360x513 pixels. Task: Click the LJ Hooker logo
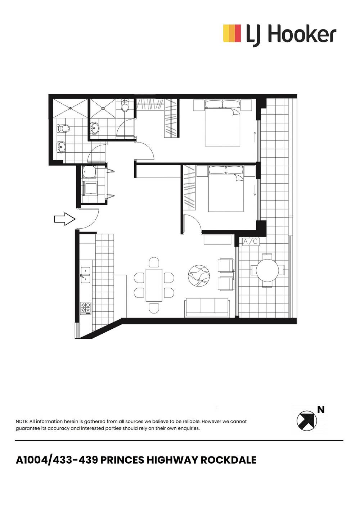tap(280, 35)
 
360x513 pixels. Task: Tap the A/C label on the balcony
tap(251, 242)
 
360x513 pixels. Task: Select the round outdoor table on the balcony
tap(267, 270)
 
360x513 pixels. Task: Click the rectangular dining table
tap(154, 285)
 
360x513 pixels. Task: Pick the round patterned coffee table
tap(199, 276)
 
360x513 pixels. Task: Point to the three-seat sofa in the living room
tap(207, 308)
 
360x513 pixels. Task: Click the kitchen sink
tap(86, 274)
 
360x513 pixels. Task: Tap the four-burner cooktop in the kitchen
tap(86, 308)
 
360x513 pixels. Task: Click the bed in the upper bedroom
tap(222, 123)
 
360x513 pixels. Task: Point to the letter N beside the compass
tap(321, 410)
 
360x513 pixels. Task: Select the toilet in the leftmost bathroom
tap(64, 129)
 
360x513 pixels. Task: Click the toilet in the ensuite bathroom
tap(125, 106)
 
